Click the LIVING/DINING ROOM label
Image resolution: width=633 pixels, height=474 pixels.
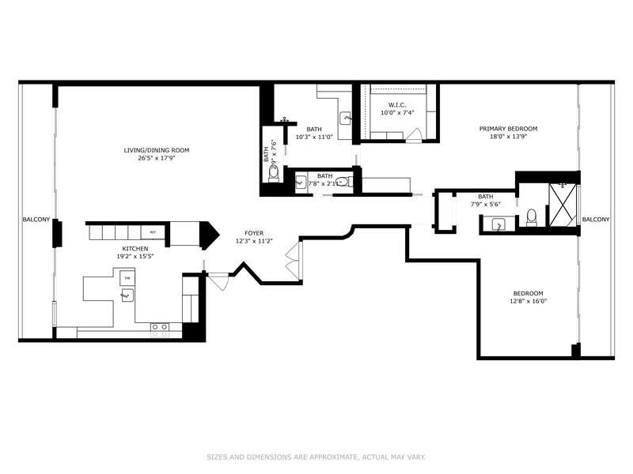(x=156, y=150)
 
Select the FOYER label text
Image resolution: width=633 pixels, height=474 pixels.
(x=253, y=234)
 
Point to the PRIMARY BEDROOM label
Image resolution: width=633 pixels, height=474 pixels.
(x=508, y=129)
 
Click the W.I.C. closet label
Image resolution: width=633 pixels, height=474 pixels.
(x=397, y=105)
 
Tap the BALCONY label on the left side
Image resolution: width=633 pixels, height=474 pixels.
(x=35, y=220)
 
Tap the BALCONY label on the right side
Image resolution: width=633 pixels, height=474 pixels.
(x=596, y=220)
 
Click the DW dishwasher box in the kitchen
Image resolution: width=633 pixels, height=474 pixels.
(x=127, y=278)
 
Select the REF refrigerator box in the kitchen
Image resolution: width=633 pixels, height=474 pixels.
(x=154, y=232)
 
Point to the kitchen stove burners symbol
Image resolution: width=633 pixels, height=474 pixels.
(x=160, y=326)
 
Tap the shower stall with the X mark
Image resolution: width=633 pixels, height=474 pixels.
(x=563, y=205)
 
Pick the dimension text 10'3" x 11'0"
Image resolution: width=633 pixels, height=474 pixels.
(x=314, y=137)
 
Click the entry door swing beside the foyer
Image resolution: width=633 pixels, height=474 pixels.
(x=218, y=281)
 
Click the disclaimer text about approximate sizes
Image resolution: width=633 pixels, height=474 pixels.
(x=316, y=457)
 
